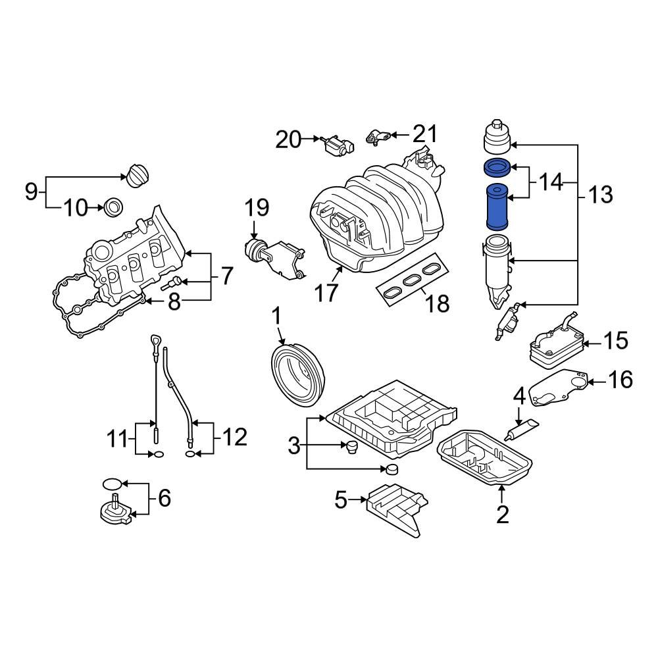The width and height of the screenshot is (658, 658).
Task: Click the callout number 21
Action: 424,135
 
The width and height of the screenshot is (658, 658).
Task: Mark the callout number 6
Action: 163,498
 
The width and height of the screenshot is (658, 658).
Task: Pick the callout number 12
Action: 234,437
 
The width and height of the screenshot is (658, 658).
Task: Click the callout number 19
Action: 257,209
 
